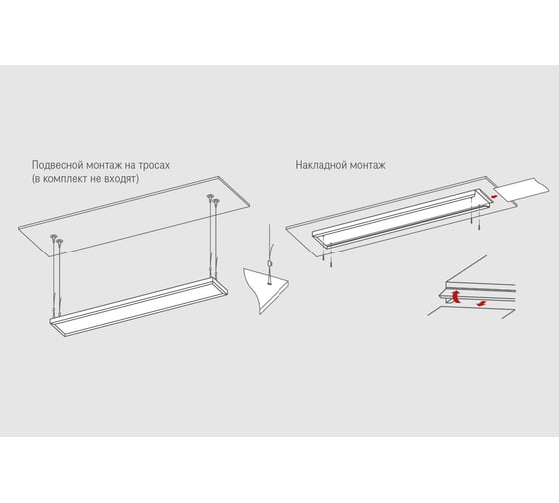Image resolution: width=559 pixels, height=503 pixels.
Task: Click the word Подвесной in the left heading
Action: [x=53, y=165]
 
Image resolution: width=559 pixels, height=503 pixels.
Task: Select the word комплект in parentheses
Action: [x=65, y=178]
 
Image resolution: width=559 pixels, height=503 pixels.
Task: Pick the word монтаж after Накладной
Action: [x=368, y=165]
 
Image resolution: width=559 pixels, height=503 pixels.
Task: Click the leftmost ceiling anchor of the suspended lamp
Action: [x=53, y=236]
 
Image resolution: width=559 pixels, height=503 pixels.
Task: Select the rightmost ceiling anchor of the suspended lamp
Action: [x=216, y=201]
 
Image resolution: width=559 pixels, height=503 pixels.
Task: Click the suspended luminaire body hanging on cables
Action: [x=139, y=307]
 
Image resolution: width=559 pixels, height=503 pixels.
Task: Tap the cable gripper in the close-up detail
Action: [x=269, y=264]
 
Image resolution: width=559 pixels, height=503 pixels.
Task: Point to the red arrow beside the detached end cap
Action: [x=493, y=196]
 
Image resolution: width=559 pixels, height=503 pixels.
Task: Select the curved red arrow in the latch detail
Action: [x=456, y=297]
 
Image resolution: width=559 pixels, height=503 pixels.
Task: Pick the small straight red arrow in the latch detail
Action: [x=481, y=303]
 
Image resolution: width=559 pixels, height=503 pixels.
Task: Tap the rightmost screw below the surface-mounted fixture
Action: [x=480, y=225]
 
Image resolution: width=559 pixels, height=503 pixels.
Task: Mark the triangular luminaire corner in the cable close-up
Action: [x=268, y=289]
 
